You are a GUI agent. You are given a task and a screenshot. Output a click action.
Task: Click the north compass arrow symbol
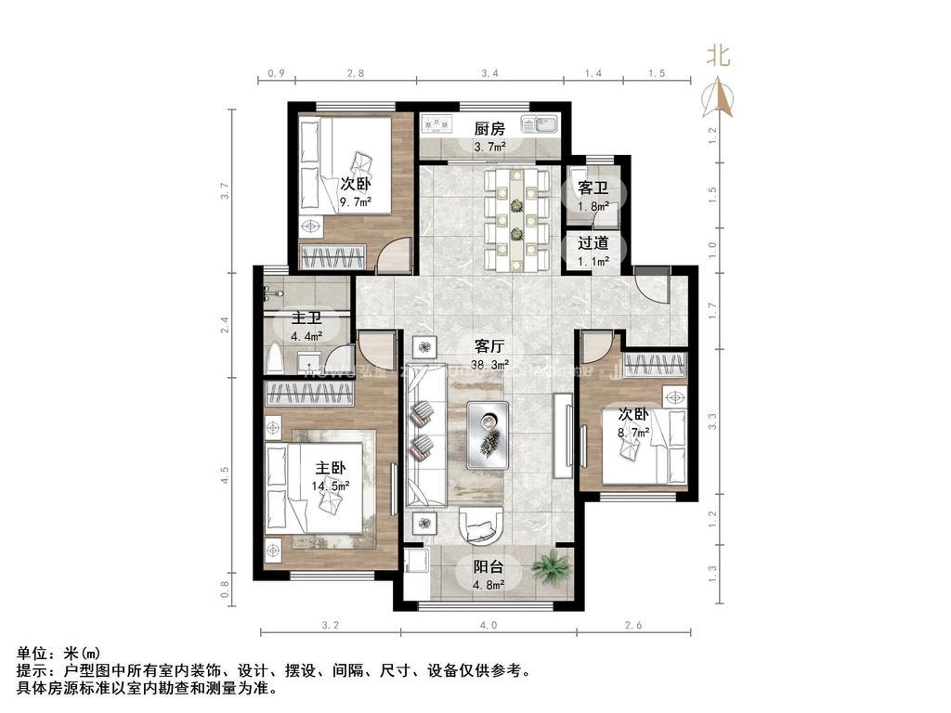tap(722, 97)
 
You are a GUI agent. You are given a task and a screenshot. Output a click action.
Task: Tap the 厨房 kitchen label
tap(489, 129)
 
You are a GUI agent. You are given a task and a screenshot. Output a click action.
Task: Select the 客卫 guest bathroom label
tap(593, 188)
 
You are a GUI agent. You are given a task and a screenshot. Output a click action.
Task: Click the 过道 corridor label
tap(593, 243)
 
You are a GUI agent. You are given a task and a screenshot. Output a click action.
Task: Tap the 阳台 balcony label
tap(489, 567)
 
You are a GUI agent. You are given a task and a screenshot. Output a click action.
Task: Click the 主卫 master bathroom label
tap(306, 318)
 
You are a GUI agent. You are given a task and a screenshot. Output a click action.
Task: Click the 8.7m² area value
tap(633, 432)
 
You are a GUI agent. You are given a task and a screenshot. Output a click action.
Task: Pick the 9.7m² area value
tap(355, 201)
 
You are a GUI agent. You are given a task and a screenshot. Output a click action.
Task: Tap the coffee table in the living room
tap(488, 433)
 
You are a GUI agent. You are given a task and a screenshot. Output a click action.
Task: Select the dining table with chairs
tap(516, 218)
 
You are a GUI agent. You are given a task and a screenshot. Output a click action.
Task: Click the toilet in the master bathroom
tap(277, 358)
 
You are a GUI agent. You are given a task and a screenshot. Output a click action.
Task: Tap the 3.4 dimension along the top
tap(490, 72)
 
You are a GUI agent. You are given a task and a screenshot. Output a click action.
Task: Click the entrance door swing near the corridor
tap(653, 285)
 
